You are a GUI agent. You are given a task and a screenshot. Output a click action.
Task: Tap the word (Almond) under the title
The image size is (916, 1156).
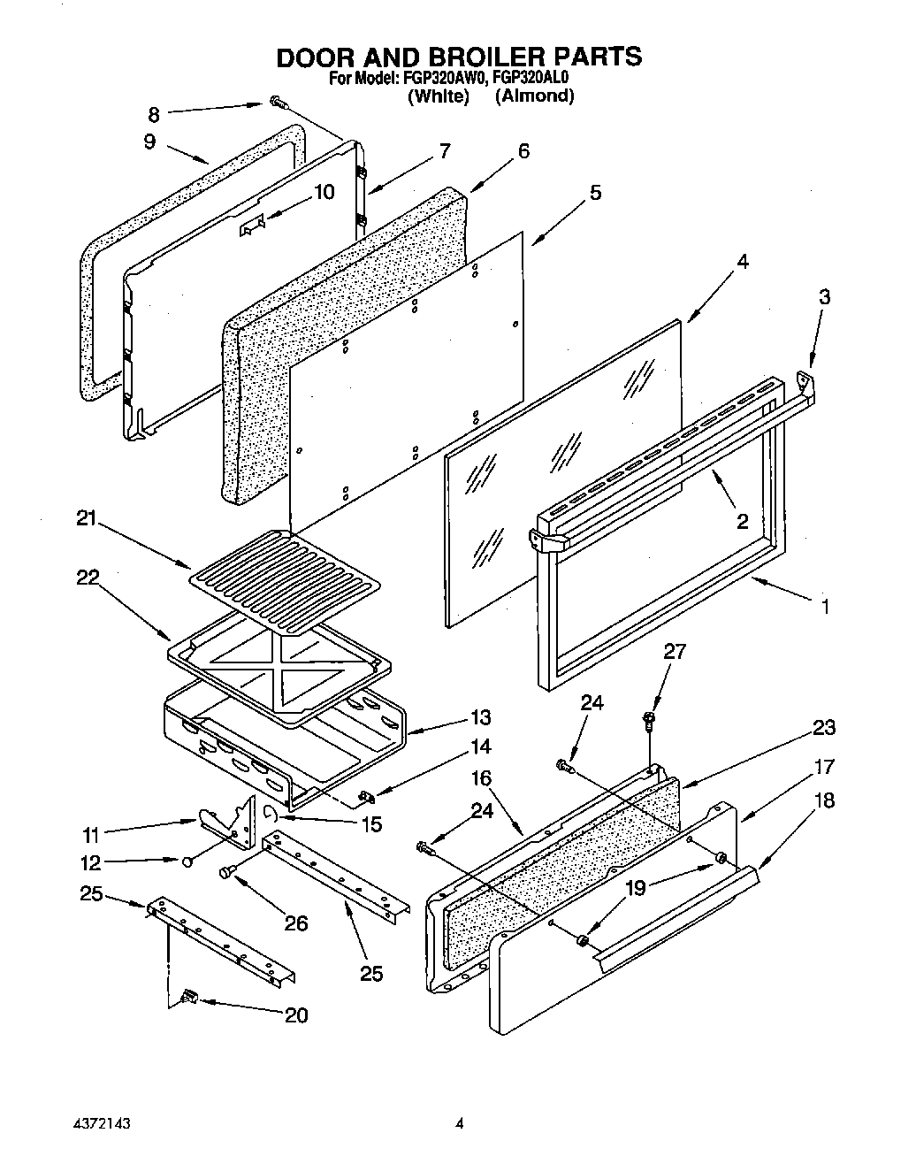534,96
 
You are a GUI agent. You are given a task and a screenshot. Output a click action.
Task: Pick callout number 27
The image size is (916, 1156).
674,652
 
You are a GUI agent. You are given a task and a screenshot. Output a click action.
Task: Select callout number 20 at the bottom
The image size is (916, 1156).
296,1014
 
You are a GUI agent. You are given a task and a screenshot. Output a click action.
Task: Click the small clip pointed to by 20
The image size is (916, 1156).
187,997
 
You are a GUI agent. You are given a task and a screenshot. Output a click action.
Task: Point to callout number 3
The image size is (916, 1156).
824,296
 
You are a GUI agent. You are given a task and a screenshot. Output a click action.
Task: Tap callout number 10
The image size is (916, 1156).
324,191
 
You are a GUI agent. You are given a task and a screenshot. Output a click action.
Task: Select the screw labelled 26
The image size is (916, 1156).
226,872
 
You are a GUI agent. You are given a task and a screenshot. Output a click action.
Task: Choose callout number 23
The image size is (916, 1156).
824,727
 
